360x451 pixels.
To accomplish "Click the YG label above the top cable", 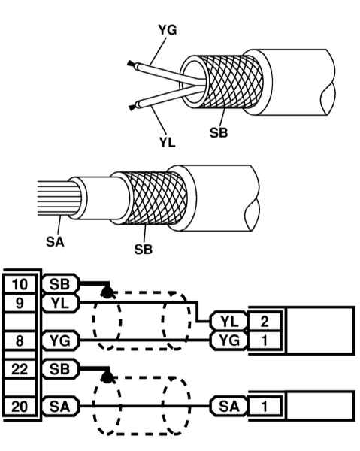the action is [x=168, y=30].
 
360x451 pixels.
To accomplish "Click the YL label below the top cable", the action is [x=168, y=142].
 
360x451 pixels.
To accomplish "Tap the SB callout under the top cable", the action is [x=219, y=132].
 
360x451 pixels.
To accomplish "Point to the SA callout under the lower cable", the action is [x=55, y=241].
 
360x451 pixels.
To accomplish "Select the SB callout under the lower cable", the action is [x=144, y=249].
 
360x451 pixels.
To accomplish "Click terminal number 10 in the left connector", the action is [x=20, y=284].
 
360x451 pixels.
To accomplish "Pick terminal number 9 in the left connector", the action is [x=20, y=303].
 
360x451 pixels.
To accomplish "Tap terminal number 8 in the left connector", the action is [x=20, y=341].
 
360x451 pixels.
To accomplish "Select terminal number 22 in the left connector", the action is [x=20, y=369].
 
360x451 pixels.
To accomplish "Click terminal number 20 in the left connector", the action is [x=20, y=407].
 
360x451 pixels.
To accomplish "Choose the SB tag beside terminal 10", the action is [x=60, y=284].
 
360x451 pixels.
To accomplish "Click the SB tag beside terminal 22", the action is [x=60, y=369].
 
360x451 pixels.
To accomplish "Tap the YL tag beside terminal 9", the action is [x=60, y=303].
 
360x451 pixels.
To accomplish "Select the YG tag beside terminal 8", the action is [x=60, y=341].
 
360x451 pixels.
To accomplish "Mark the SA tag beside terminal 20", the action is [x=60, y=407].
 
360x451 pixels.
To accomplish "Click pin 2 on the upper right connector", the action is [x=265, y=321].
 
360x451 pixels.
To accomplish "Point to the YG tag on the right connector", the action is [x=229, y=341].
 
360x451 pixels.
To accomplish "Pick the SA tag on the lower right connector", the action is [x=229, y=407].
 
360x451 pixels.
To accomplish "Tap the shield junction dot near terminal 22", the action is [x=107, y=377].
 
